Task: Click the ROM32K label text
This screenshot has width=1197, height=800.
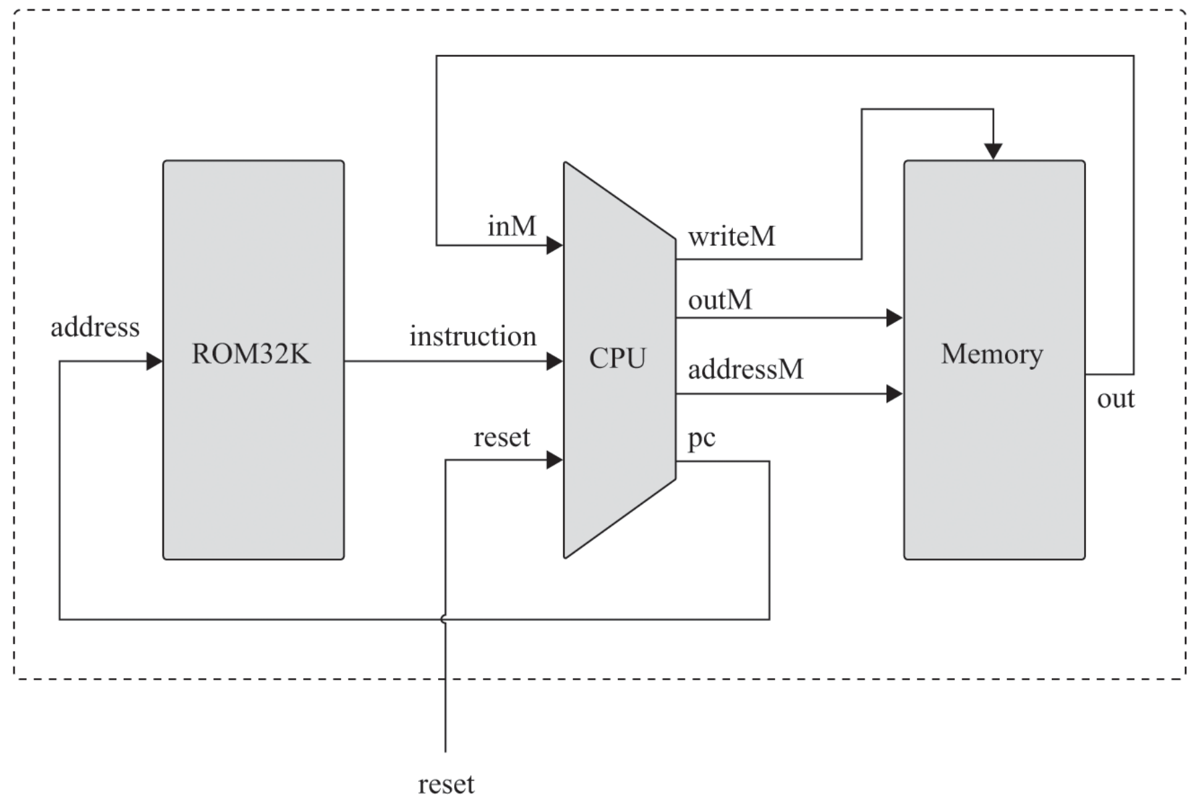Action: [x=251, y=354]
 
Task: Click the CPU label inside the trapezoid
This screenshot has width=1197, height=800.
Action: [x=617, y=358]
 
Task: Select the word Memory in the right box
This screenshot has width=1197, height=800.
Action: [x=992, y=354]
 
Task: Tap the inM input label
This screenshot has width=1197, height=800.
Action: [x=512, y=227]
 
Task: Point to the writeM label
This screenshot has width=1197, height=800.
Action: [x=732, y=236]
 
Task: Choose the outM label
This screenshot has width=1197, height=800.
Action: [x=720, y=300]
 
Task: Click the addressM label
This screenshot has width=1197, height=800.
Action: [x=746, y=369]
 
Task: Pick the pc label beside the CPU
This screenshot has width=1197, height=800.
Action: [x=701, y=438]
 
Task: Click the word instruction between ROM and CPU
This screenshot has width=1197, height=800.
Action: [x=473, y=336]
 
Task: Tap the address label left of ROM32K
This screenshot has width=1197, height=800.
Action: [x=95, y=327]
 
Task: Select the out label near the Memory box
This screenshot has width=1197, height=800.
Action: [x=1115, y=399]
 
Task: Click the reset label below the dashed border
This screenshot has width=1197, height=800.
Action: [x=446, y=784]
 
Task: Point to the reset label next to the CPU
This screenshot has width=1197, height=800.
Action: [x=502, y=437]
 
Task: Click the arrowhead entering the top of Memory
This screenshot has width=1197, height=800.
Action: [x=993, y=151]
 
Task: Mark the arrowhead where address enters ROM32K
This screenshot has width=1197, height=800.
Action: [x=154, y=362]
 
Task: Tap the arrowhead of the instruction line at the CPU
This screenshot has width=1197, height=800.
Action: [x=554, y=362]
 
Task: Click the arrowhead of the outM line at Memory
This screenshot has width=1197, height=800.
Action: [x=894, y=318]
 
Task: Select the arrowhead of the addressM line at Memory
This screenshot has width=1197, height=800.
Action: [x=894, y=394]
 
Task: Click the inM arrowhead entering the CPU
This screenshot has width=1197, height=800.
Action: [x=554, y=245]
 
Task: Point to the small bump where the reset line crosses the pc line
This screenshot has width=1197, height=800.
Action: [x=444, y=619]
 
